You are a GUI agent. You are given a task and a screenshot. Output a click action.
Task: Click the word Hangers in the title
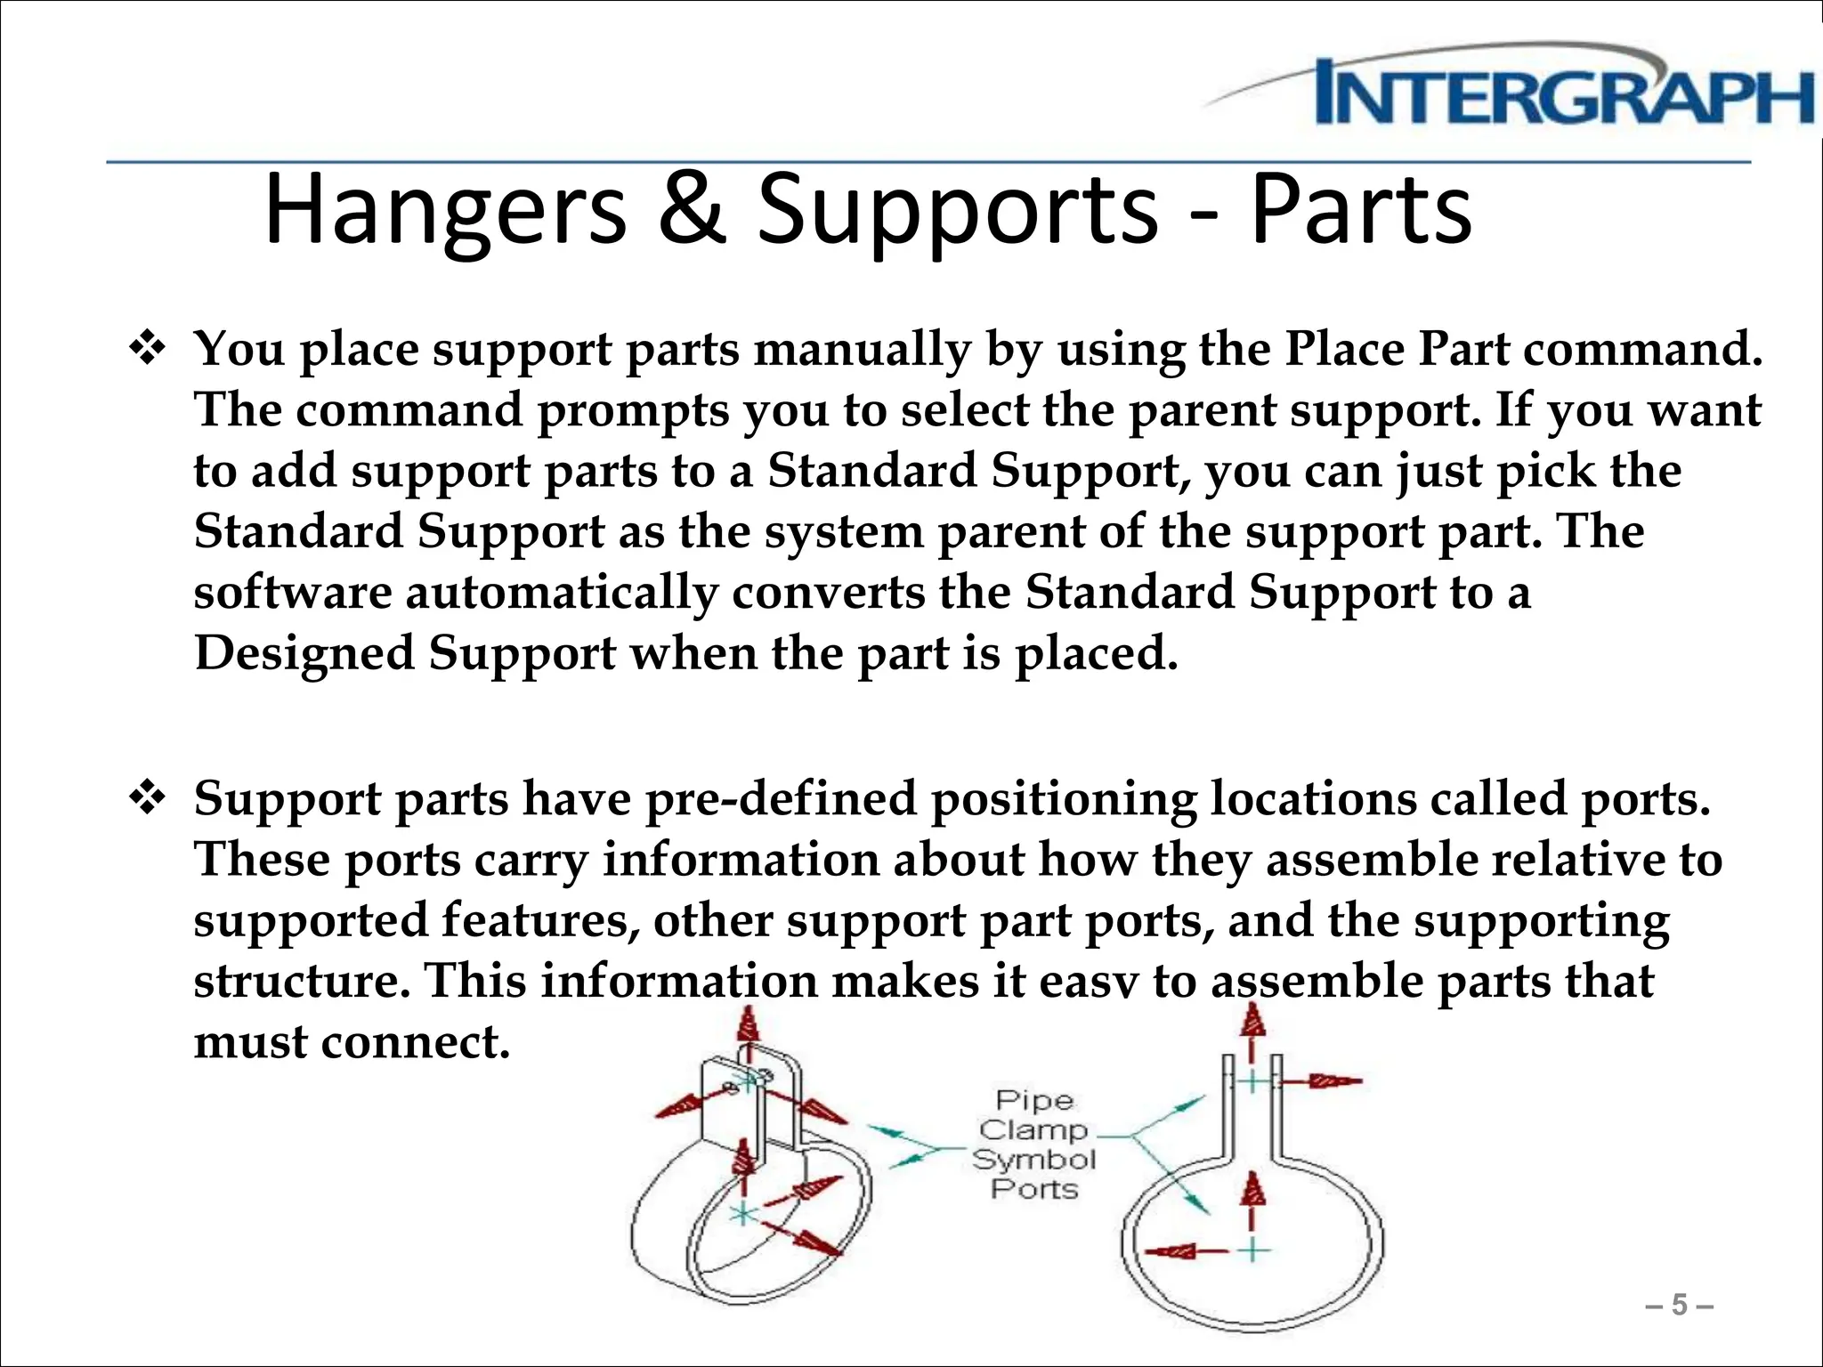(446, 210)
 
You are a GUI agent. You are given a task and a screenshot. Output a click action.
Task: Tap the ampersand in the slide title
(691, 210)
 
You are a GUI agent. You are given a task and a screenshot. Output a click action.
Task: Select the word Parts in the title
(1361, 210)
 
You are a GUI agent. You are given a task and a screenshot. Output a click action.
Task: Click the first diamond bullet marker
(148, 349)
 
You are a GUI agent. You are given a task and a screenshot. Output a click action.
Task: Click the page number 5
(1680, 1305)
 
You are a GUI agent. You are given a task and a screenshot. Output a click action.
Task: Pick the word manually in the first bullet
(863, 349)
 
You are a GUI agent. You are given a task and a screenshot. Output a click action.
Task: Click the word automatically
(562, 593)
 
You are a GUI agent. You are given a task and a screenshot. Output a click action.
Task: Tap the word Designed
(304, 653)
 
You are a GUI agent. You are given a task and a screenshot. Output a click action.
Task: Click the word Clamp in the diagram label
(1033, 1130)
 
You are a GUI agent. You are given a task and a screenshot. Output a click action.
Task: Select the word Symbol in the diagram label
(1033, 1160)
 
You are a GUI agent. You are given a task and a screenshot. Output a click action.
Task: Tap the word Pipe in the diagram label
(1033, 1101)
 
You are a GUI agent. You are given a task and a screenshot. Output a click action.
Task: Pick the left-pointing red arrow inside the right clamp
(1175, 1251)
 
